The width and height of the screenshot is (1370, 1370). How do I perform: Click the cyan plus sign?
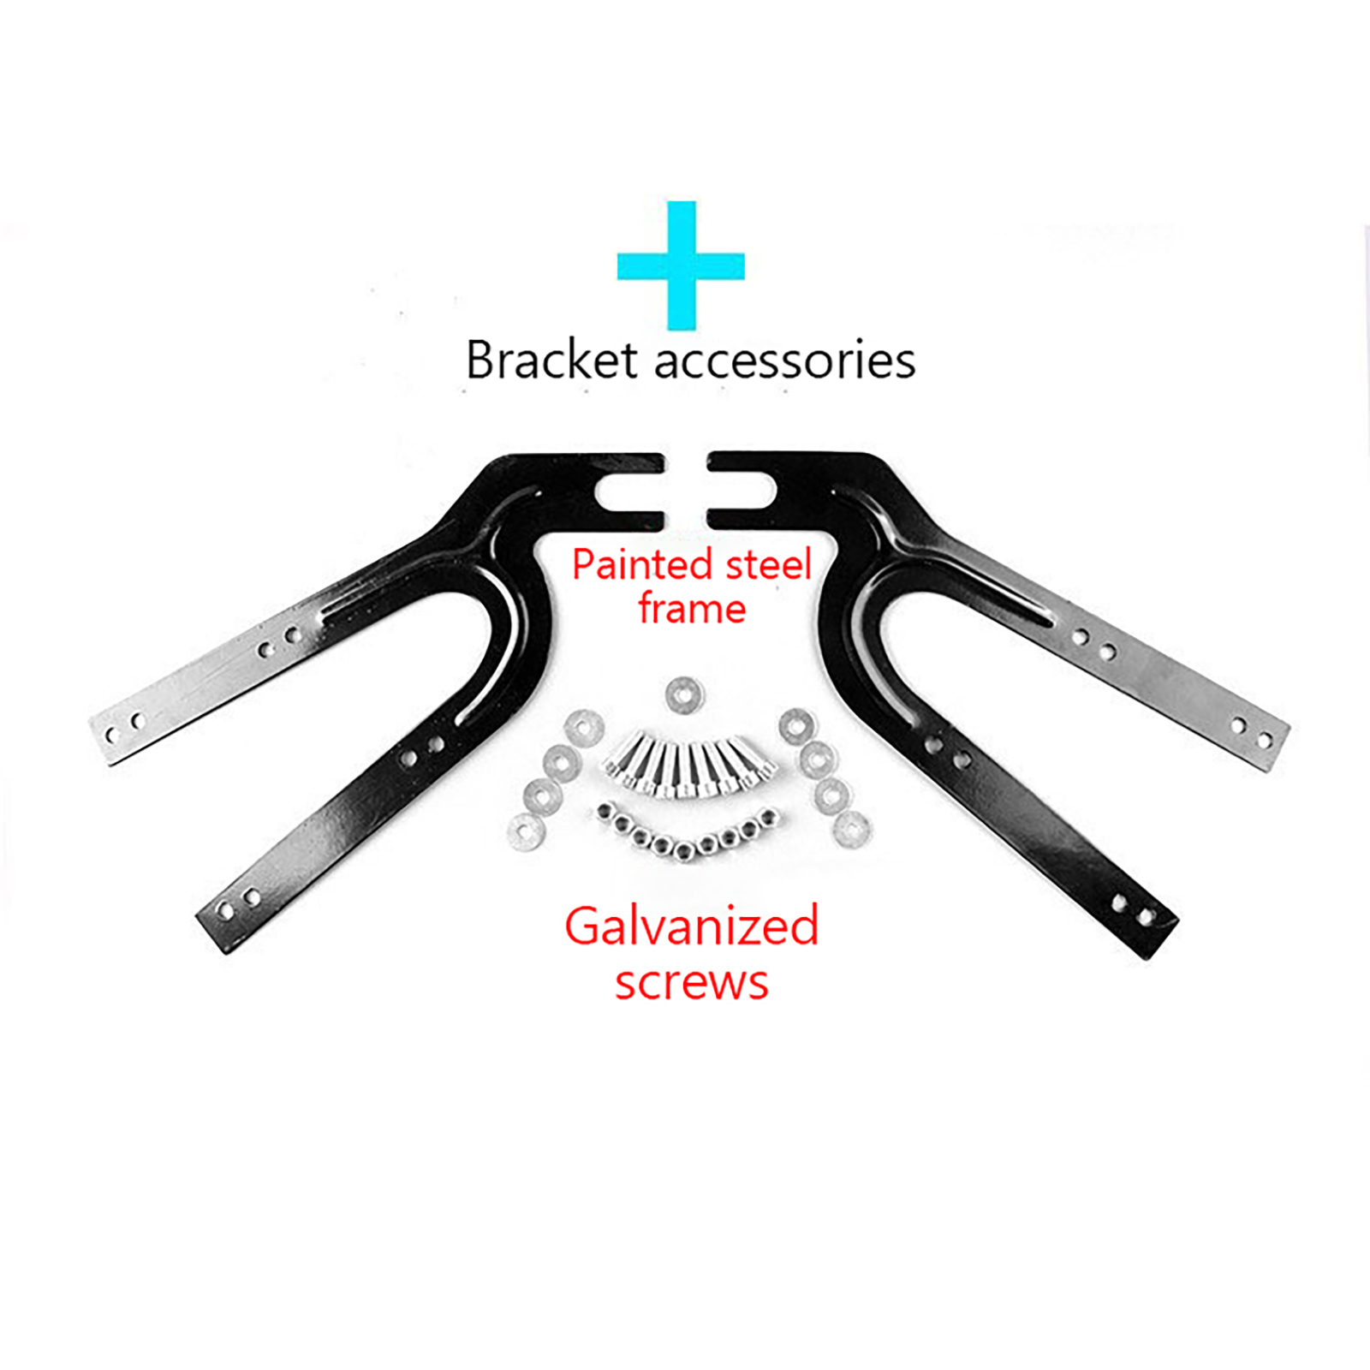tap(681, 265)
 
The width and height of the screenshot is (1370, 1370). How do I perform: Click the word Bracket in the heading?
tap(552, 360)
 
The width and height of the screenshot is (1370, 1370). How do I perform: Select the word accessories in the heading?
tap(785, 361)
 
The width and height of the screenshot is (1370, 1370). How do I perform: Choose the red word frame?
tap(692, 608)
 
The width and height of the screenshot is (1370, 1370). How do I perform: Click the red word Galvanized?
tap(692, 926)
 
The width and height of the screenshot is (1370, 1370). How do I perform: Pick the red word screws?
tap(692, 983)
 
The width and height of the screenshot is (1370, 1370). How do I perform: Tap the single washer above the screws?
tap(684, 694)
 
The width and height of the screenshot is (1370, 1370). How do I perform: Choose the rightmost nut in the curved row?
tap(768, 817)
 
